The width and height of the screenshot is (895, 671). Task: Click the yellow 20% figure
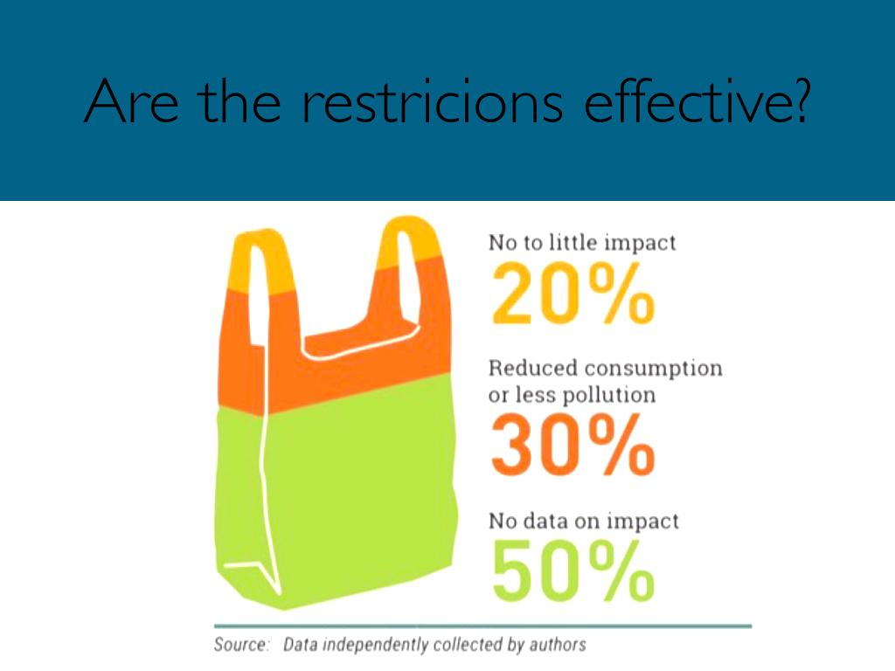(x=572, y=292)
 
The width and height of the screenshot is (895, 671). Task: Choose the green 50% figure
(x=572, y=571)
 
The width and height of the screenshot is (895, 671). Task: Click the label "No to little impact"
(x=582, y=243)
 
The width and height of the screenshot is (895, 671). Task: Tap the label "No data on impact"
(x=583, y=522)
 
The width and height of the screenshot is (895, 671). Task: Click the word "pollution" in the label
(x=609, y=395)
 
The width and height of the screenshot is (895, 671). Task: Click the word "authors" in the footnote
(x=558, y=646)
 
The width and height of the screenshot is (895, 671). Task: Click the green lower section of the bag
(x=350, y=489)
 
